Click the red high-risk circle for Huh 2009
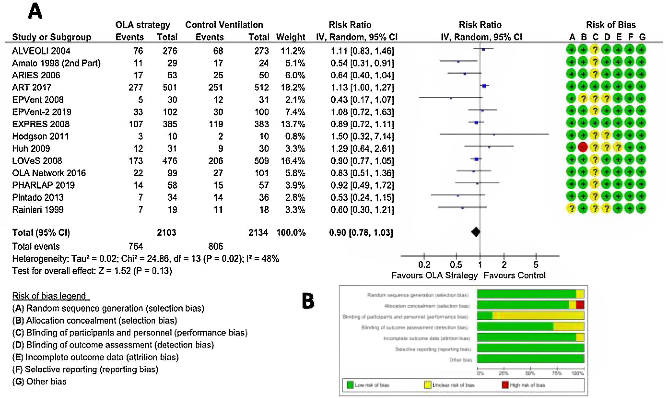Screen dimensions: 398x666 point(583,147)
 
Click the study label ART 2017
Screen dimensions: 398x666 point(32,88)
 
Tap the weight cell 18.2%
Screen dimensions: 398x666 point(293,88)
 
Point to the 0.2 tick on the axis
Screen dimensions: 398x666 point(424,256)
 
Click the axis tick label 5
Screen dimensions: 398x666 point(536,265)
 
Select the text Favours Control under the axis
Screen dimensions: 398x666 point(514,276)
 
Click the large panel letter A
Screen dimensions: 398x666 point(35,12)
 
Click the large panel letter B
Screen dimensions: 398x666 point(308,301)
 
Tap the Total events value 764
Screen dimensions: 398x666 point(136,246)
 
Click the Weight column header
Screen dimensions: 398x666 point(290,37)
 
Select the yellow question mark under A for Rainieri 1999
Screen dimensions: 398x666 point(571,208)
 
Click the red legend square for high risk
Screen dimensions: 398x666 point(505,385)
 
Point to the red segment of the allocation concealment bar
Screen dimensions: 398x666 point(580,305)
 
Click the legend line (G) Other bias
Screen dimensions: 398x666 point(39,381)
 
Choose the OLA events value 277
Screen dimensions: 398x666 point(136,88)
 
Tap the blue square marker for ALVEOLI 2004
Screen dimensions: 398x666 point(484,49)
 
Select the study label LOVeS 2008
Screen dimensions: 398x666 point(37,161)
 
